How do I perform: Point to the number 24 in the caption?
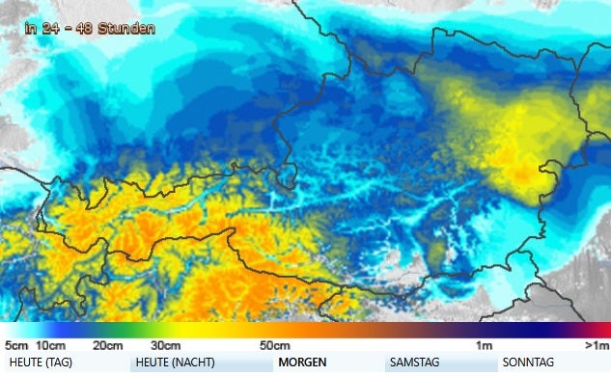click(52, 29)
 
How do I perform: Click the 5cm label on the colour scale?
click(14, 345)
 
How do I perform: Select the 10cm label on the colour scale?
click(50, 345)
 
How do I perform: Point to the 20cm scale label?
click(107, 345)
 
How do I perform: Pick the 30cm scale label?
click(165, 345)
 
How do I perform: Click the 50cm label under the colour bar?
click(275, 345)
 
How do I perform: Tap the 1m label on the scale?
click(485, 345)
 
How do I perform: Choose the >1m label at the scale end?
click(597, 345)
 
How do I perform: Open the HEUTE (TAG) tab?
click(41, 363)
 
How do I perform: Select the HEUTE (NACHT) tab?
click(175, 363)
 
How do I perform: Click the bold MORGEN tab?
click(301, 363)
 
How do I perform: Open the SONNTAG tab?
click(528, 363)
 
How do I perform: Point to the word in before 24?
click(33, 29)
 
